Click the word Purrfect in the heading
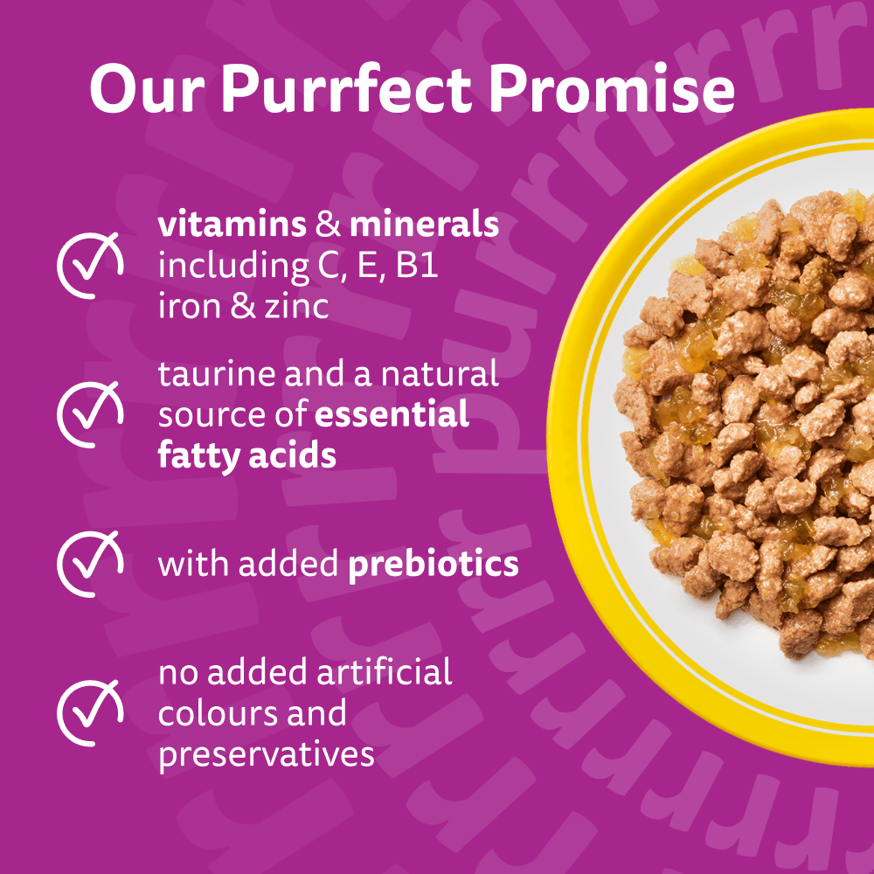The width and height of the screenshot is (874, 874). click(x=346, y=89)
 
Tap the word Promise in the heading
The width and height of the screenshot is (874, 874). click(x=612, y=88)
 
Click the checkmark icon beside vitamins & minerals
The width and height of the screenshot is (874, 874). click(x=90, y=265)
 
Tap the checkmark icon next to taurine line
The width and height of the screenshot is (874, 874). click(x=90, y=413)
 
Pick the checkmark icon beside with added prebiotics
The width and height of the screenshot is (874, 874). click(x=90, y=563)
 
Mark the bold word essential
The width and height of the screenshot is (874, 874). click(x=391, y=414)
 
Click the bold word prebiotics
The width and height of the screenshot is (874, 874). click(x=434, y=564)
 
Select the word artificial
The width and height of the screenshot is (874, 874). click(x=384, y=671)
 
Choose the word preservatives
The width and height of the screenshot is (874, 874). click(x=266, y=755)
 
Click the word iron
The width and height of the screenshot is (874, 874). click(x=189, y=307)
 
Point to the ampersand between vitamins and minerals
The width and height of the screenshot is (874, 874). click(x=328, y=225)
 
